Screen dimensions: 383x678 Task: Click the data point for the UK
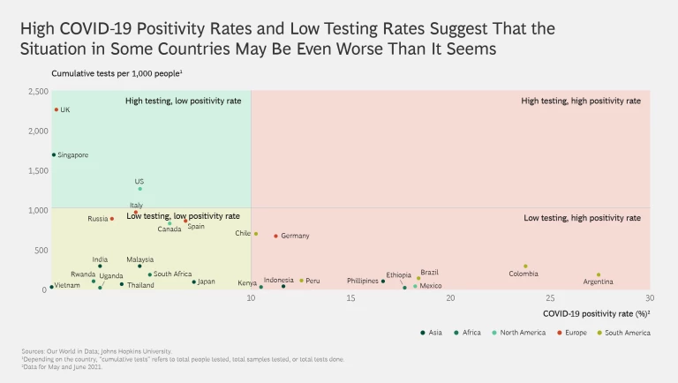56,110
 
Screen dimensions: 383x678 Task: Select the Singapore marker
54,154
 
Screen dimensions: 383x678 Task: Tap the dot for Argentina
599,274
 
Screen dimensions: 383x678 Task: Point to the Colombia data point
525,266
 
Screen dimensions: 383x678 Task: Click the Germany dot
276,236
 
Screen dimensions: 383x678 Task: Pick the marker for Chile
256,234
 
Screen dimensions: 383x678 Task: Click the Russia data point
112,219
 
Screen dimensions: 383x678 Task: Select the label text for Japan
207,282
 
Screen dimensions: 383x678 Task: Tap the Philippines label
362,281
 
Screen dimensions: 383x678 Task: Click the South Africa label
173,274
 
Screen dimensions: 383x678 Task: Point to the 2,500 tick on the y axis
37,92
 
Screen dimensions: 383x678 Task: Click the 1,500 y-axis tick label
37,170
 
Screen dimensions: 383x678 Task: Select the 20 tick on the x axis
450,298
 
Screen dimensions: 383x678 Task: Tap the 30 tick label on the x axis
650,298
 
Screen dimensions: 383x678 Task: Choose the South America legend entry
627,333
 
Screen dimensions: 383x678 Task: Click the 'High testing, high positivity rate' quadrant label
581,101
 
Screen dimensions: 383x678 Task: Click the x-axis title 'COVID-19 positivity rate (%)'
596,313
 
